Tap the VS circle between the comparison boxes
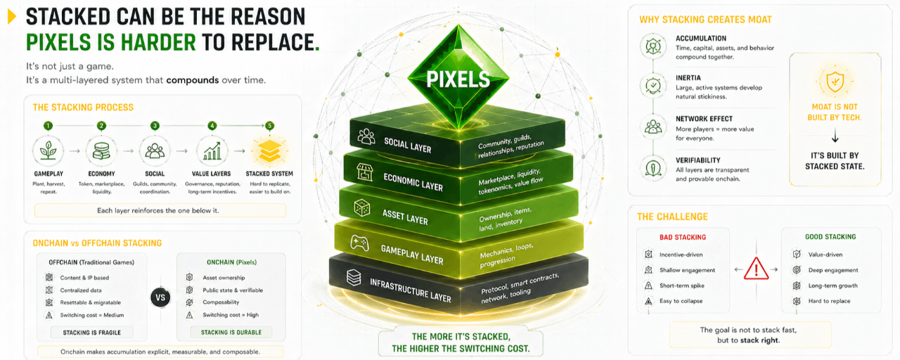pos(160,297)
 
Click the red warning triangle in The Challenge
pos(757,269)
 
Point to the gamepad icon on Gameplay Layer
pos(359,243)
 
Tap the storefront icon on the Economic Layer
pos(364,172)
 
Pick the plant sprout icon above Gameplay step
pos(48,150)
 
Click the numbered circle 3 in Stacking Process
pos(155,126)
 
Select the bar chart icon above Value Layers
pos(212,150)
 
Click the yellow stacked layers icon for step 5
pos(269,150)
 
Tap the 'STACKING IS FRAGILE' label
pos(86,333)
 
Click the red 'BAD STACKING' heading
pos(683,237)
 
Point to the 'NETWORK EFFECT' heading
pos(704,119)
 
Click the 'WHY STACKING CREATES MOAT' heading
pos(705,19)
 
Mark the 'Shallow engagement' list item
pos(687,270)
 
